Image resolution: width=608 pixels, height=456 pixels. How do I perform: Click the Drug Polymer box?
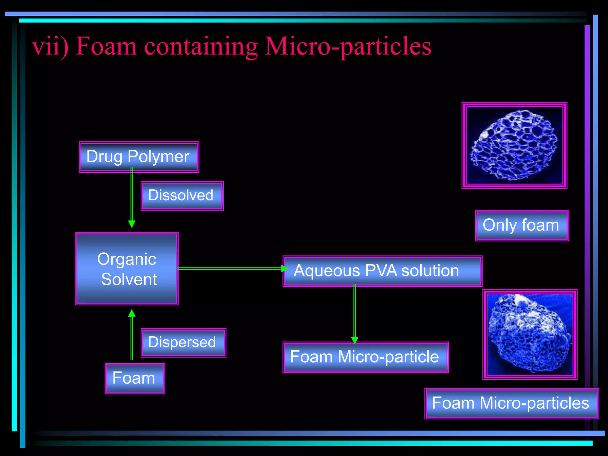139,157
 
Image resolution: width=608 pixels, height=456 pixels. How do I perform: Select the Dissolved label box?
182,196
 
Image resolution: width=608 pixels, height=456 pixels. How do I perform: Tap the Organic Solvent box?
127,269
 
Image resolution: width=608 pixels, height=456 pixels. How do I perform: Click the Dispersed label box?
183,343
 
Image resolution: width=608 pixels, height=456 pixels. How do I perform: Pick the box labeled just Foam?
135,379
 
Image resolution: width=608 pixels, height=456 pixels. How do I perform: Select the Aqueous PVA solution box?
382,271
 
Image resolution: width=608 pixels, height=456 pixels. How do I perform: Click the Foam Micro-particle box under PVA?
365,357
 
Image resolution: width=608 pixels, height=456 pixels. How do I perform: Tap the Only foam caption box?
522,225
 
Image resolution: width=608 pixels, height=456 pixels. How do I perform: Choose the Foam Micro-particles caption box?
511,403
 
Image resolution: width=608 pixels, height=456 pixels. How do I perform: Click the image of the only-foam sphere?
514,145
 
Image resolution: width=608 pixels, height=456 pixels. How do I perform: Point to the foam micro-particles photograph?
530,334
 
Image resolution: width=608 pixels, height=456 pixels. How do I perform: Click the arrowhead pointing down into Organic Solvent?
132,224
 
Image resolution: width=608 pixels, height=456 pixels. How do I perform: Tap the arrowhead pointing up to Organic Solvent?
132,313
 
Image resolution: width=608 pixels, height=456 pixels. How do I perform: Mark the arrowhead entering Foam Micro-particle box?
354,340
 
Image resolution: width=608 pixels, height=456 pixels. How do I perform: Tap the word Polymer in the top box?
158,157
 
